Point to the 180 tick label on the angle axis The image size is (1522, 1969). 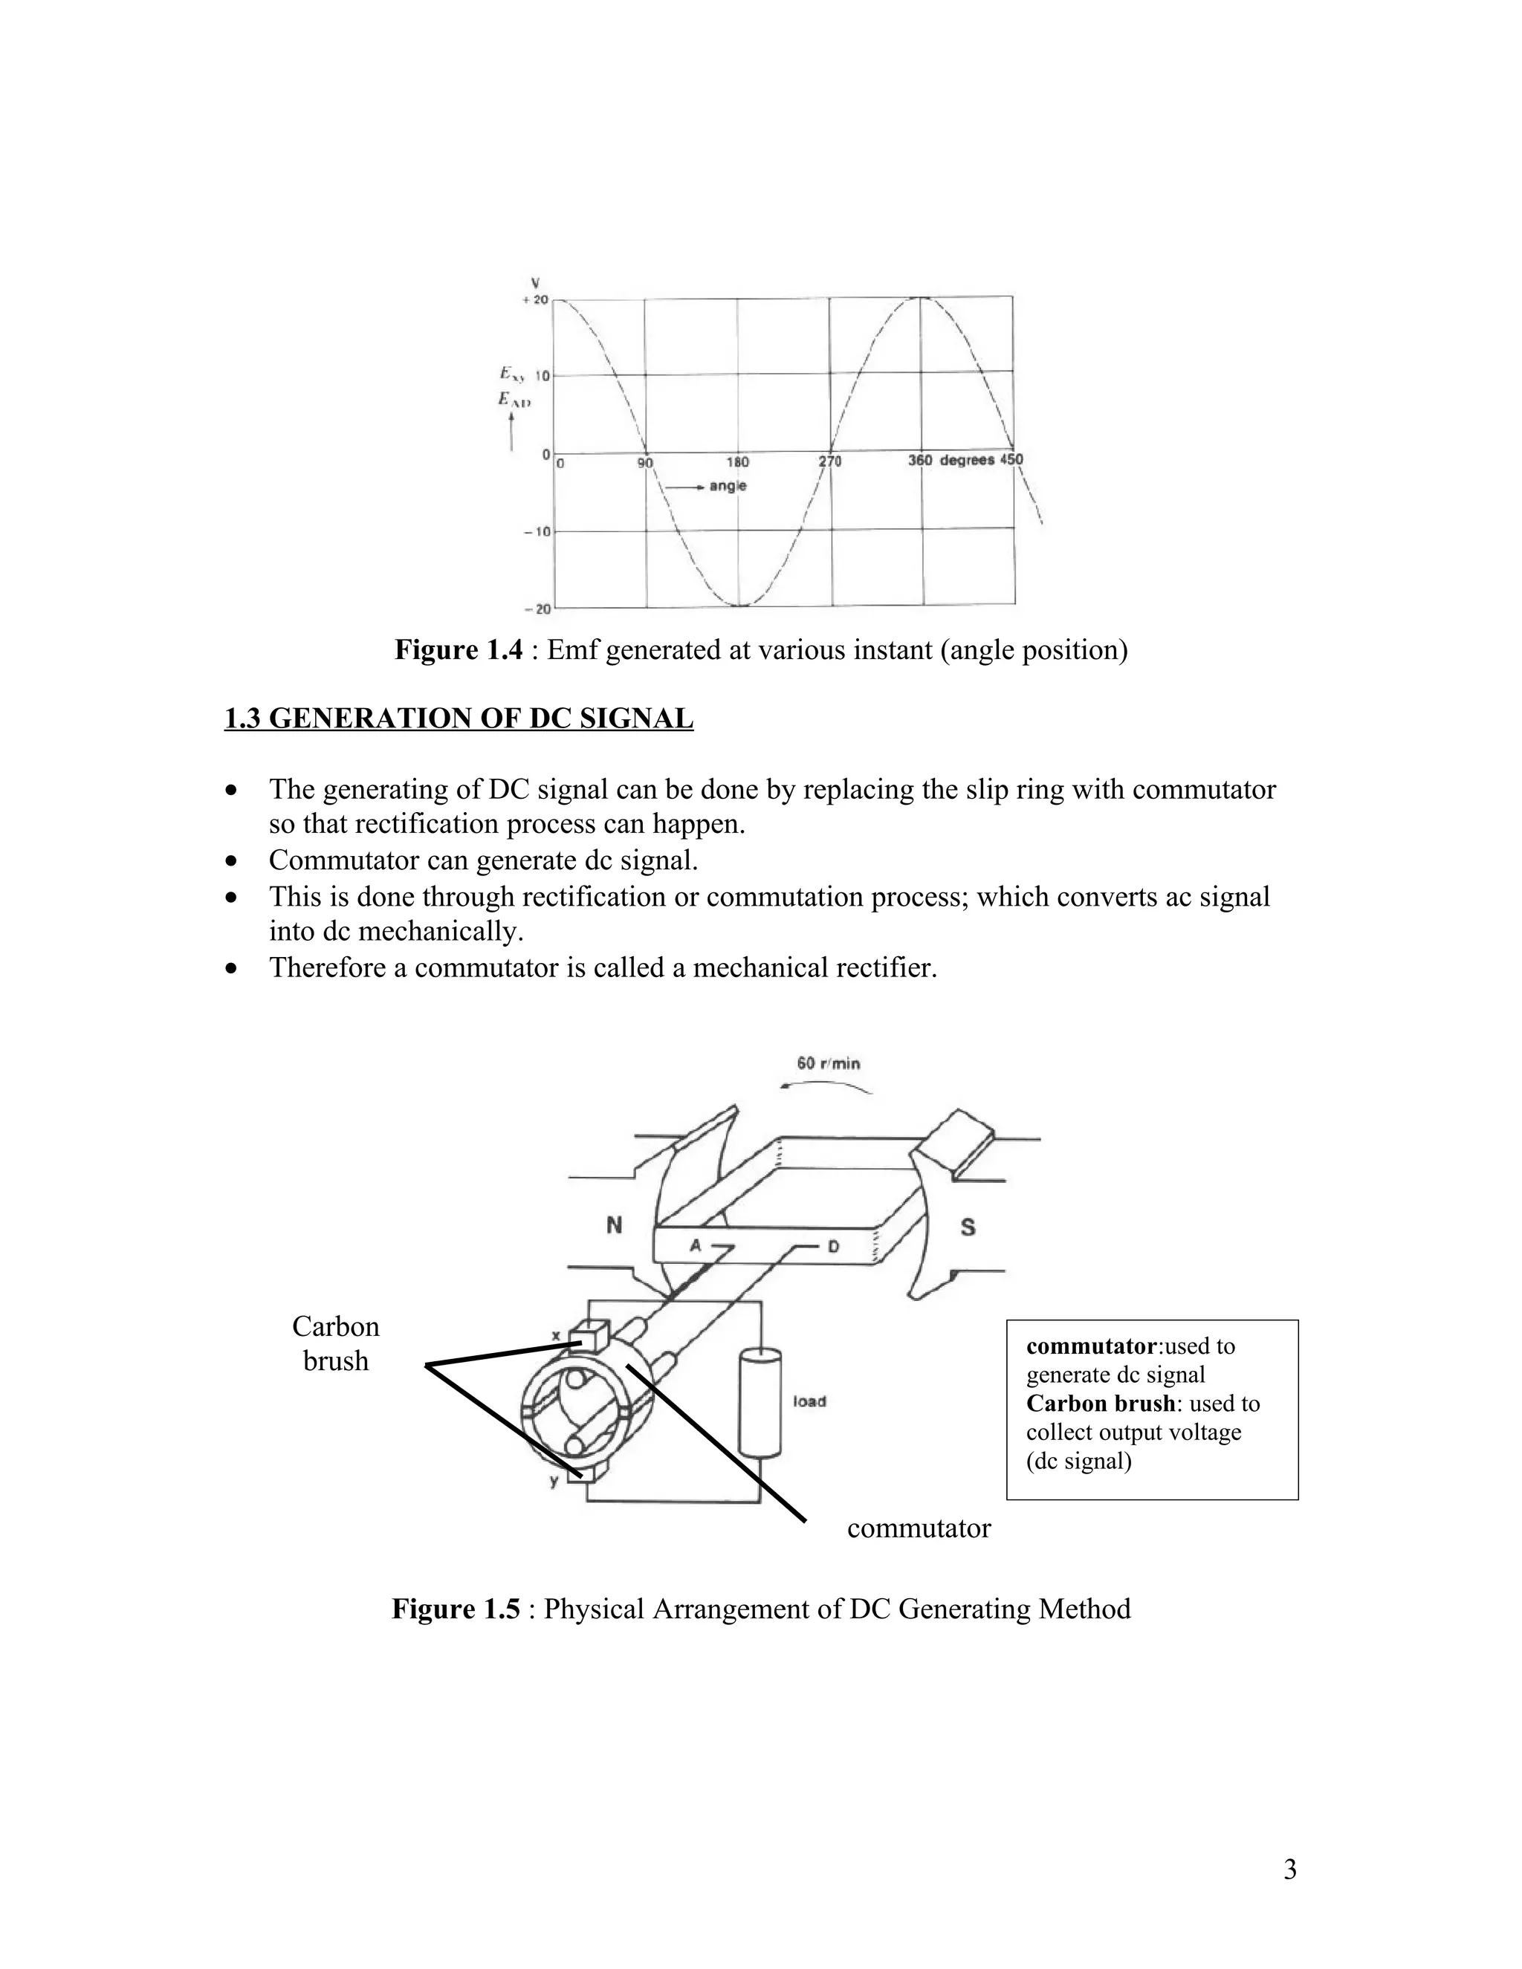click(x=737, y=461)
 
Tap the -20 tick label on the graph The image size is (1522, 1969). click(x=537, y=609)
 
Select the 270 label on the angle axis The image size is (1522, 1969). click(x=829, y=461)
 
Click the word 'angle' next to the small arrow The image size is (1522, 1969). click(x=728, y=486)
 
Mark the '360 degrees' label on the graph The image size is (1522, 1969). click(x=951, y=461)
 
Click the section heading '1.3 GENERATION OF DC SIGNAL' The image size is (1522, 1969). click(x=459, y=718)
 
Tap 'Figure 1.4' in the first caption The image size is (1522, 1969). click(x=458, y=650)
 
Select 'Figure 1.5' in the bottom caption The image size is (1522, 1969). click(x=456, y=1609)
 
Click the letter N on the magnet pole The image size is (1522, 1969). click(x=614, y=1226)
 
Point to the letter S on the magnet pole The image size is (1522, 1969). click(x=968, y=1227)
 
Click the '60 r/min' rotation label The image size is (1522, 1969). click(x=829, y=1063)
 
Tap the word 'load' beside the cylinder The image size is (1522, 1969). click(x=809, y=1402)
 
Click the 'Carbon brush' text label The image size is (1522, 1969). click(x=335, y=1343)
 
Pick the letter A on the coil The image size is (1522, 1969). click(x=695, y=1246)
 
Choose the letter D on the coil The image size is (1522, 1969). click(x=833, y=1247)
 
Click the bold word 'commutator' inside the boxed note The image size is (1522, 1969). click(x=1091, y=1346)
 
